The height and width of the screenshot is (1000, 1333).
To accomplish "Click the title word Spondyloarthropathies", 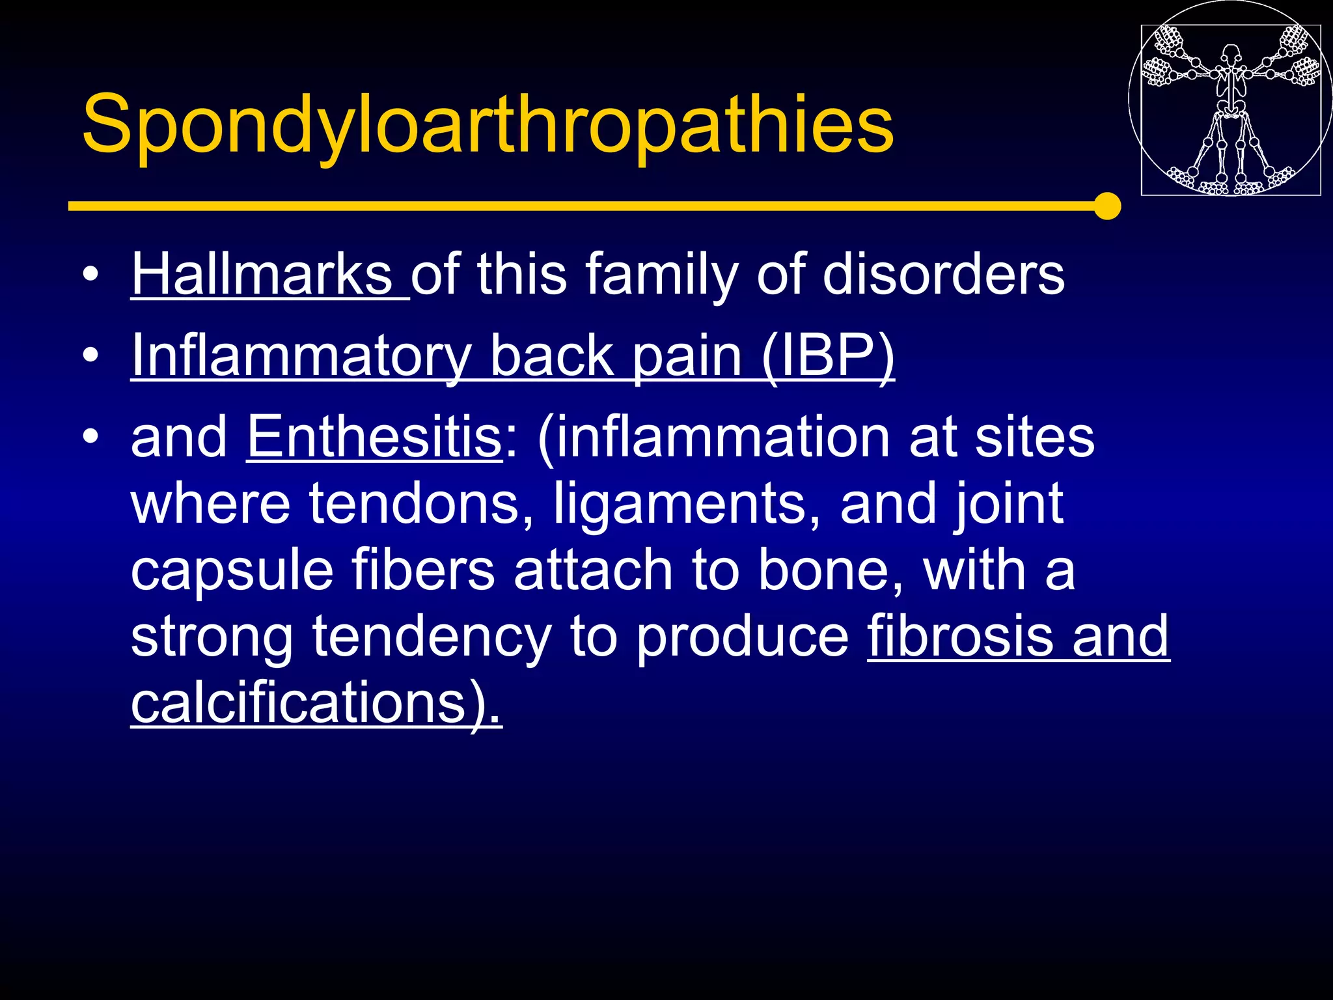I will coord(488,124).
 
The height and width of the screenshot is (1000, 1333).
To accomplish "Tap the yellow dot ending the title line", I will coord(1106,206).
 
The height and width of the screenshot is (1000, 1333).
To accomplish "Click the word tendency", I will coord(432,637).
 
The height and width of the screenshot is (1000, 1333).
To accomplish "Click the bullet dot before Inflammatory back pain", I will coord(91,355).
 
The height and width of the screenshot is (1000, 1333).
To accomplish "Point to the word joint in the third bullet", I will coord(1008,504).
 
